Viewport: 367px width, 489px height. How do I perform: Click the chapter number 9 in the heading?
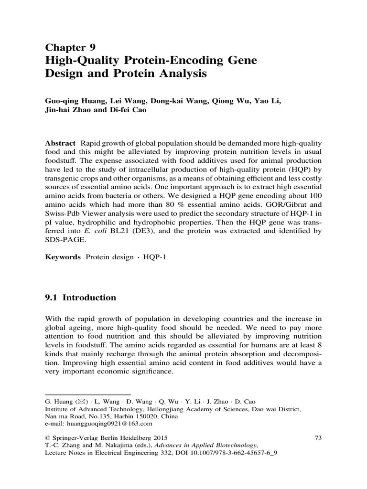[92, 46]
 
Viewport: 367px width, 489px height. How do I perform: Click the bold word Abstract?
[60, 144]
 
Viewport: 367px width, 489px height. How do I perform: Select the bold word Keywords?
[63, 256]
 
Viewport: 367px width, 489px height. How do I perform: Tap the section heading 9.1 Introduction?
[80, 298]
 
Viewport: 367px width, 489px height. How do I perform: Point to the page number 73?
[320, 437]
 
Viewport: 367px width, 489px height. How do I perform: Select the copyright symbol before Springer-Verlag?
[47, 437]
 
